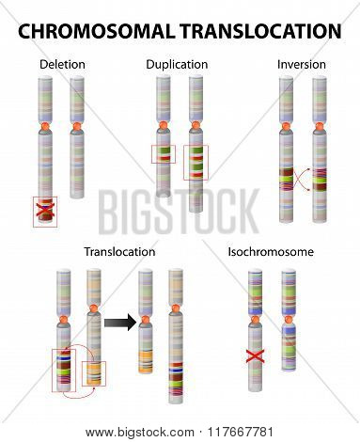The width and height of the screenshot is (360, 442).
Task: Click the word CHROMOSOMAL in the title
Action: click(x=96, y=31)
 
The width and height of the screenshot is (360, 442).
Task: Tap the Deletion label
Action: click(x=62, y=65)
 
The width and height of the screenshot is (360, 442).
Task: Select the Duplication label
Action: click(x=177, y=65)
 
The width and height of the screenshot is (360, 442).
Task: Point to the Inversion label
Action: click(x=302, y=65)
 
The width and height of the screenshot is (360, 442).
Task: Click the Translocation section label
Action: click(x=119, y=252)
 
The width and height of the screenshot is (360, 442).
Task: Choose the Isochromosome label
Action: click(x=271, y=252)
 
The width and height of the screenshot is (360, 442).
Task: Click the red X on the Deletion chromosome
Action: click(x=45, y=210)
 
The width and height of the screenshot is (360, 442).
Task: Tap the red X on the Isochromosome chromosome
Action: click(x=255, y=356)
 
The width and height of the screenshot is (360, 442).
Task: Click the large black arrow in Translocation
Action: click(x=119, y=323)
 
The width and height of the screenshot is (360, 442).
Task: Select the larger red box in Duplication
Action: click(x=196, y=163)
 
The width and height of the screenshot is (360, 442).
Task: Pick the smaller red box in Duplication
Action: click(x=164, y=154)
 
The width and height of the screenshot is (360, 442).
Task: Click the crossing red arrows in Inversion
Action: click(x=302, y=180)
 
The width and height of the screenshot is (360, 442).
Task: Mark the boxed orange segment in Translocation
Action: click(x=94, y=373)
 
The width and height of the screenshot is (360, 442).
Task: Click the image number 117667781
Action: click(x=241, y=433)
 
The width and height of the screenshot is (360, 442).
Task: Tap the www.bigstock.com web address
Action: click(x=140, y=433)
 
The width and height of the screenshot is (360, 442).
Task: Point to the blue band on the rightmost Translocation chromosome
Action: click(x=176, y=371)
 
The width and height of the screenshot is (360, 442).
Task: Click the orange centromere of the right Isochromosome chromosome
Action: click(x=289, y=320)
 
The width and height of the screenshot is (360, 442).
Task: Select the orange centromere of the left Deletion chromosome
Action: click(x=45, y=127)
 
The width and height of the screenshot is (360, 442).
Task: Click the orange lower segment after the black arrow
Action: click(x=146, y=362)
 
